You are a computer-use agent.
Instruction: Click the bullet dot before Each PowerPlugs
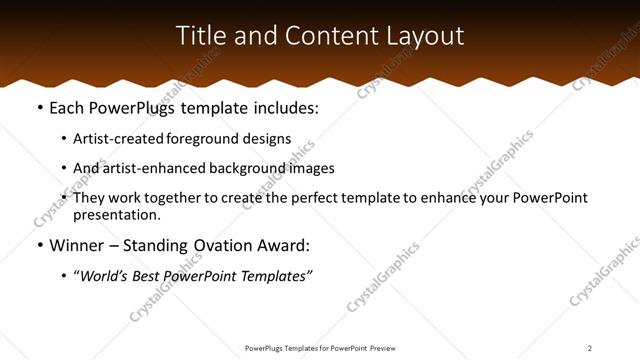click(39, 107)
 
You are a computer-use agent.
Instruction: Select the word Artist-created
click(119, 139)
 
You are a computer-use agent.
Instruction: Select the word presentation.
click(116, 214)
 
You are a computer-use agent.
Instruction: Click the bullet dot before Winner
click(39, 245)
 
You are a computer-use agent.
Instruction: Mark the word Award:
click(285, 245)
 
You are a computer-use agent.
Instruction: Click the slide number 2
click(590, 348)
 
